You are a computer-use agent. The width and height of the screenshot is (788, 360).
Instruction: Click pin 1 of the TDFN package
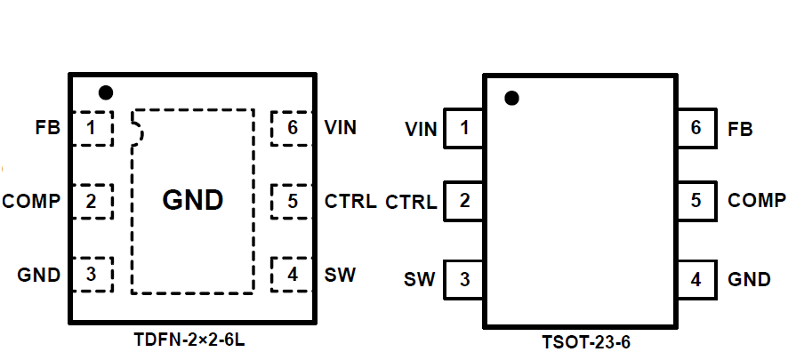(x=92, y=129)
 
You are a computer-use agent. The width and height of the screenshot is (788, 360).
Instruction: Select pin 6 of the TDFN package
(x=292, y=129)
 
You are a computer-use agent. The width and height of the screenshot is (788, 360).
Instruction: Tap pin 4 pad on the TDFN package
(x=292, y=274)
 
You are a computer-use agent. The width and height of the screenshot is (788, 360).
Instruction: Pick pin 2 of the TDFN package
(x=92, y=202)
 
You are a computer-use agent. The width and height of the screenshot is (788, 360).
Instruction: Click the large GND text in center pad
(x=193, y=201)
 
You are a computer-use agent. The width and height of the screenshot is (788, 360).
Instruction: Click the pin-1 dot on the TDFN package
(x=106, y=92)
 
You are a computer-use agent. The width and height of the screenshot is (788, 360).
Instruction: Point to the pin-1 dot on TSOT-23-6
(x=511, y=99)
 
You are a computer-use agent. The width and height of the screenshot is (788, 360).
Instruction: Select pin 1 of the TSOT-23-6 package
(x=463, y=129)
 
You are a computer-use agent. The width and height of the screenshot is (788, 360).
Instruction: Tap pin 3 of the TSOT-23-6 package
(x=463, y=279)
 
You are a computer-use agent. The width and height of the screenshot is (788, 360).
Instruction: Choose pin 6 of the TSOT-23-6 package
(x=696, y=128)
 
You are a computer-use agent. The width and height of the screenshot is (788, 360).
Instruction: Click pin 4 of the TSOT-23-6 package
(x=696, y=279)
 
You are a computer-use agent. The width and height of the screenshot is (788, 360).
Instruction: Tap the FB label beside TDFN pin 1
(x=47, y=129)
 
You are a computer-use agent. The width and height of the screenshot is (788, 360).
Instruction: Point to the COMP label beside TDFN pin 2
(x=31, y=202)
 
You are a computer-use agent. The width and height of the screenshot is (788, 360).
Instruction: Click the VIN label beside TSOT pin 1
(x=421, y=130)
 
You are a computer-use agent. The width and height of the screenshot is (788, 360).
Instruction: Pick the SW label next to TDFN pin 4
(x=341, y=275)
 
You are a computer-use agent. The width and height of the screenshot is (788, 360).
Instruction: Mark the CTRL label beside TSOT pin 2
(x=411, y=203)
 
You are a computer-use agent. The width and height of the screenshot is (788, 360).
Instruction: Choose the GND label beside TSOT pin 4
(x=749, y=280)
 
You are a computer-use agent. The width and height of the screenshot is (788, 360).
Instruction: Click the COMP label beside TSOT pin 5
(x=757, y=200)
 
